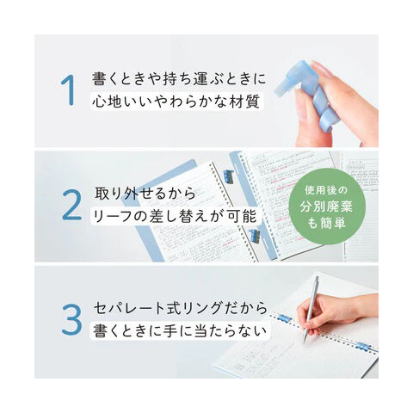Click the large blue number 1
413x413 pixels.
click(x=69, y=90)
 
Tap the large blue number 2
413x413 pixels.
click(x=71, y=205)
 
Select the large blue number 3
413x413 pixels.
click(x=71, y=320)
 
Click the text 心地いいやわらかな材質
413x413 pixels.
click(x=176, y=102)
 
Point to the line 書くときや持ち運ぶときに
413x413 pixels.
click(x=179, y=78)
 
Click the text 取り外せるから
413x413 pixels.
click(x=145, y=194)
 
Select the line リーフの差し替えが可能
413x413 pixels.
click(x=175, y=216)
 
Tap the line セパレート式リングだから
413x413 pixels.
click(x=181, y=308)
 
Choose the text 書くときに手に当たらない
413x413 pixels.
click(x=180, y=331)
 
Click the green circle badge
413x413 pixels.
click(x=327, y=207)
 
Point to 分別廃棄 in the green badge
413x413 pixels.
click(x=326, y=206)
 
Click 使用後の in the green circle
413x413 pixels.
click(x=326, y=190)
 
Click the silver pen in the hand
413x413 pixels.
click(x=311, y=310)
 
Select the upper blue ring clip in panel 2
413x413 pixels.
click(x=229, y=177)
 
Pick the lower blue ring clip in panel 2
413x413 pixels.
click(x=254, y=236)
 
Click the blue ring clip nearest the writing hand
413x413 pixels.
click(x=285, y=318)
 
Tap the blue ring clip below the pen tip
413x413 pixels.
click(x=363, y=346)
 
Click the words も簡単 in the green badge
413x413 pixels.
click(x=326, y=224)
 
